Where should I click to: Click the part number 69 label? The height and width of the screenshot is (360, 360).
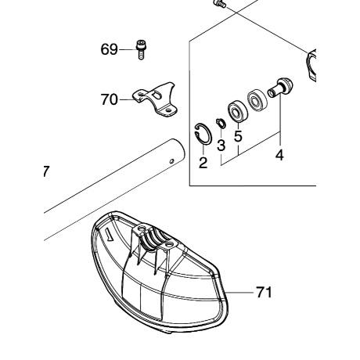(109, 49)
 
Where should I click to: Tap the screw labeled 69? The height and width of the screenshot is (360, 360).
(141, 50)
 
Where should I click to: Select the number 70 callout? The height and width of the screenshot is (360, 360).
(110, 99)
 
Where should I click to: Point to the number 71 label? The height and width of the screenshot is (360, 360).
(264, 292)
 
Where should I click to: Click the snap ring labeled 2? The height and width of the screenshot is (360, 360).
(203, 133)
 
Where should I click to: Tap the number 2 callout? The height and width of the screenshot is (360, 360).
(203, 163)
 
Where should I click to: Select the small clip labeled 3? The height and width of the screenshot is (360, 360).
(221, 123)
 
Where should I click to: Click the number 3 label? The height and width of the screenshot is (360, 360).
(221, 145)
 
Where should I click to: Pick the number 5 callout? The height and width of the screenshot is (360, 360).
(238, 136)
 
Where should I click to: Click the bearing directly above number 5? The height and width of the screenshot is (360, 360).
(238, 111)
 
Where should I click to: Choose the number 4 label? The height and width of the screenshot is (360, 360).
(279, 156)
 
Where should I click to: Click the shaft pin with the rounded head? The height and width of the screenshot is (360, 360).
(281, 88)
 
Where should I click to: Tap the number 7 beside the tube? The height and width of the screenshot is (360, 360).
(45, 171)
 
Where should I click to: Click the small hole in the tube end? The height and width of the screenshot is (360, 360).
(171, 161)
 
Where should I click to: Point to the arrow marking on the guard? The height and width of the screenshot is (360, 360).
(108, 233)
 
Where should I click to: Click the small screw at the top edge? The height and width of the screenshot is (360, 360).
(220, 4)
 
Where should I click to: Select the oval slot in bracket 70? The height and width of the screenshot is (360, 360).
(157, 95)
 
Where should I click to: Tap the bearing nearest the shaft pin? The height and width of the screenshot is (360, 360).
(257, 100)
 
